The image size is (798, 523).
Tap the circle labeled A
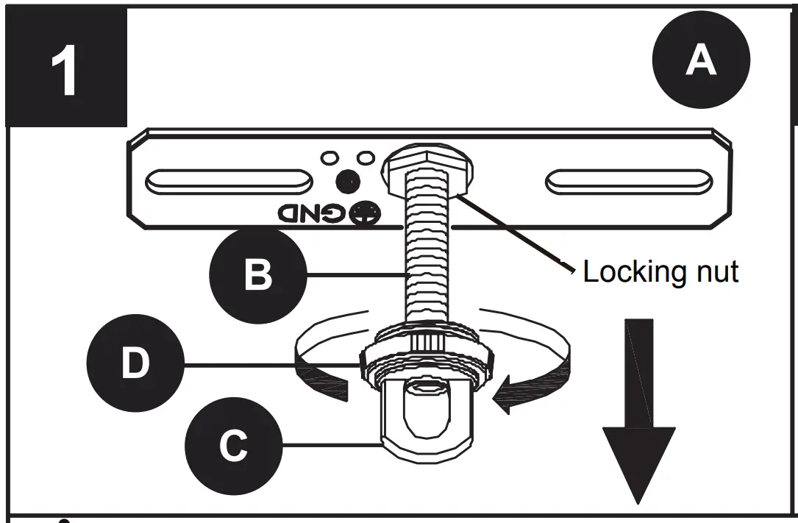point(700,60)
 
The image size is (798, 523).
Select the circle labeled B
point(257,275)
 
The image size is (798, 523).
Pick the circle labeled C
point(233,444)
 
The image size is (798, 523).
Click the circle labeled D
point(135,364)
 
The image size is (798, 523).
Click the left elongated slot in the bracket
point(229,181)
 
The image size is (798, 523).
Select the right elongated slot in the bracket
point(628,181)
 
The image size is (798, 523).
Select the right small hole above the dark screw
point(365,157)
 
